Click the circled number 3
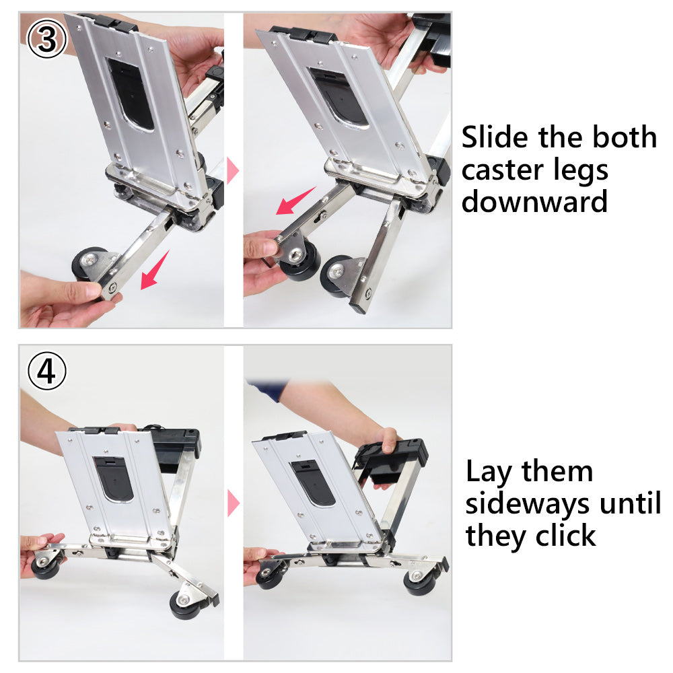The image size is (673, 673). coord(46,40)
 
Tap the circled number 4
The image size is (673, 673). coord(46,372)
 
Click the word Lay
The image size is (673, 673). coord(490,472)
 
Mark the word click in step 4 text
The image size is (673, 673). coord(565,536)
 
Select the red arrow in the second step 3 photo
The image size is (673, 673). coord(295,201)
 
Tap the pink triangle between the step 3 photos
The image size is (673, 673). coord(233,171)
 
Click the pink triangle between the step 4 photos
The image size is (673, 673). coord(233,503)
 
